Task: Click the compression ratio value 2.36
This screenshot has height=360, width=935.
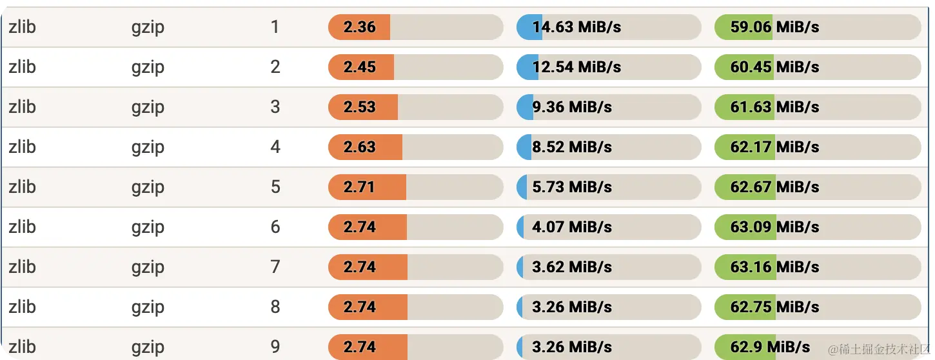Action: click(x=359, y=27)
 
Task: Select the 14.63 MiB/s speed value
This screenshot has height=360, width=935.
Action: click(x=576, y=27)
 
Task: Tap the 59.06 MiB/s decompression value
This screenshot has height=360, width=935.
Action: click(x=774, y=27)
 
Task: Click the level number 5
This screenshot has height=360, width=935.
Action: click(x=275, y=187)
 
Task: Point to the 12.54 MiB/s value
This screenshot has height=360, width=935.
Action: click(x=576, y=67)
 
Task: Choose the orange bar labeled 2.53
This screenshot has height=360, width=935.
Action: click(x=363, y=107)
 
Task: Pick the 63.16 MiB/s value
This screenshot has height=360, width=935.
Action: click(x=774, y=267)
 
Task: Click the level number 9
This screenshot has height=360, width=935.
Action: click(x=275, y=347)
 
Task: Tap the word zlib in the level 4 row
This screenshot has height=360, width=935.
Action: click(x=22, y=147)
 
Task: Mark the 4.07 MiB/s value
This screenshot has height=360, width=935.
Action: click(x=572, y=227)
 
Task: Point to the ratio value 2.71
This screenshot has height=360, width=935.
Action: click(x=359, y=187)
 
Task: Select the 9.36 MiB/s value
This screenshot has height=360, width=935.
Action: click(x=572, y=107)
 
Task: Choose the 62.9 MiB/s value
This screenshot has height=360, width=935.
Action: click(x=770, y=347)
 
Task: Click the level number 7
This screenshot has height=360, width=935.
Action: click(x=275, y=267)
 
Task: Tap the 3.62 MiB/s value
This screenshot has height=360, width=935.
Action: click(x=572, y=267)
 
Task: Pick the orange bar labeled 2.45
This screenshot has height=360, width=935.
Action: click(x=361, y=67)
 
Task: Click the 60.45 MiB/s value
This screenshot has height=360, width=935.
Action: click(x=774, y=67)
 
